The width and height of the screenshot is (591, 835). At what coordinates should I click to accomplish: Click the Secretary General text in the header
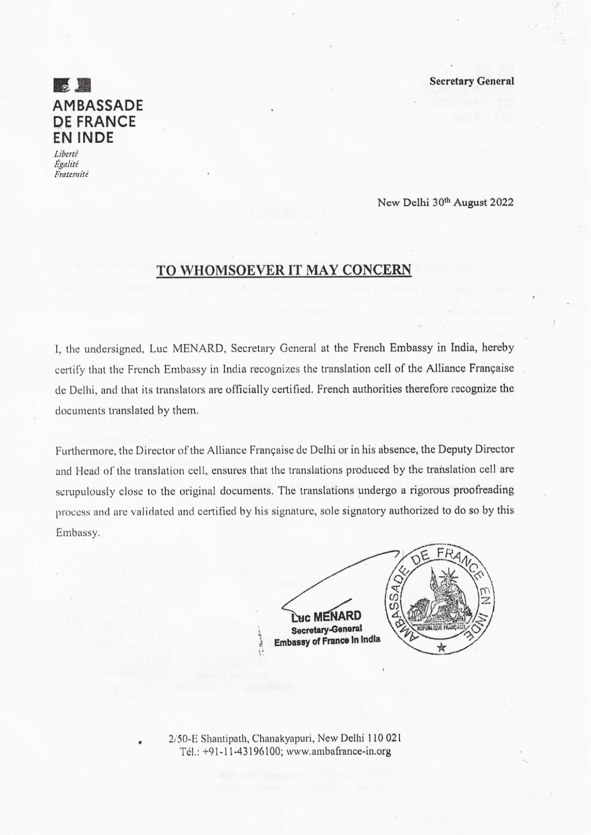[x=471, y=81]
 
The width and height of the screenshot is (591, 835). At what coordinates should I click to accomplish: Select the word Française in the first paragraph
[x=489, y=368]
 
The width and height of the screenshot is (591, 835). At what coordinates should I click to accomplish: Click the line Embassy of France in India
[x=327, y=640]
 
